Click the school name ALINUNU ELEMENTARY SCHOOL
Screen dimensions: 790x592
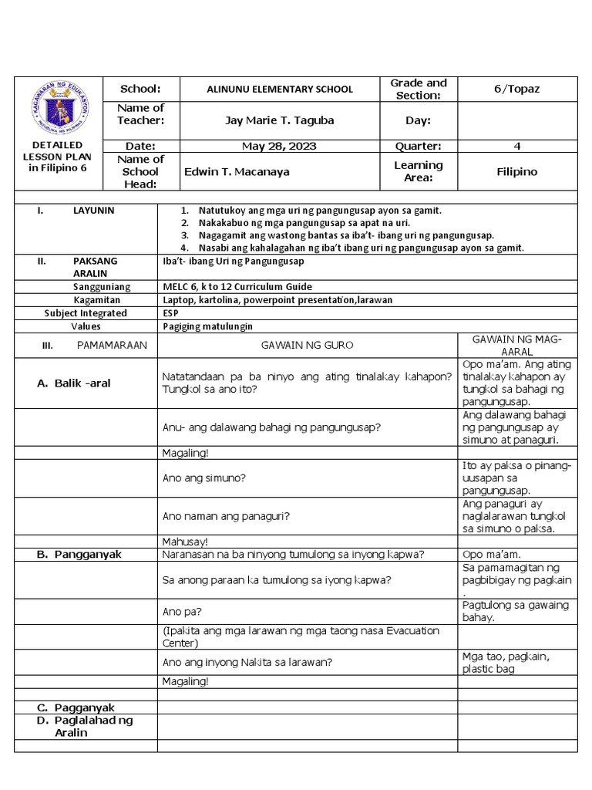(280, 89)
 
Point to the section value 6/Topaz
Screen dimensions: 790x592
(517, 89)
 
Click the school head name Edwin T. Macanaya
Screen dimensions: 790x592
(237, 172)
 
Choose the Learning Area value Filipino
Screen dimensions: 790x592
(517, 172)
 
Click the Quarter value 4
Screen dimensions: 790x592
(517, 146)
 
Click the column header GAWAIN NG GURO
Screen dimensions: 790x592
(307, 346)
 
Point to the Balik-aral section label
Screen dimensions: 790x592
(73, 383)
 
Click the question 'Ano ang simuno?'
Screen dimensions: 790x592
(204, 478)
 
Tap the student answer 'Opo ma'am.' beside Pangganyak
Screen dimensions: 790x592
(492, 555)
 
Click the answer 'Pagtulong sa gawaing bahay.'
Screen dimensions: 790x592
(515, 611)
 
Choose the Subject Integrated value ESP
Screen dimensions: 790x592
(171, 313)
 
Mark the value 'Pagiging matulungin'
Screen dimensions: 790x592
(208, 326)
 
